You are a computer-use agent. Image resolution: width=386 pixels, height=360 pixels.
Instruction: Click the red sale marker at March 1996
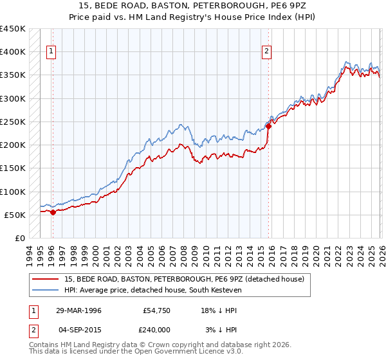click(53, 212)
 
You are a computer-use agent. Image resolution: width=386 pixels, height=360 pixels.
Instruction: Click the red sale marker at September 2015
click(268, 126)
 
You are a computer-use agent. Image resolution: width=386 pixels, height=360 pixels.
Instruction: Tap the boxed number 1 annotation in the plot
click(51, 53)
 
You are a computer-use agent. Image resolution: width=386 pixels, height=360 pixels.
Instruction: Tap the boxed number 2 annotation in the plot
click(267, 53)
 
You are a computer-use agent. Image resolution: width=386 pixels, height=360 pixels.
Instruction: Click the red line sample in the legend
click(45, 278)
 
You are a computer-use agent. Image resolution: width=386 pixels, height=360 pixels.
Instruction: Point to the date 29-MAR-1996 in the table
click(78, 310)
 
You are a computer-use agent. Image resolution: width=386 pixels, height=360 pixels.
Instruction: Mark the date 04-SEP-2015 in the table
click(78, 329)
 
